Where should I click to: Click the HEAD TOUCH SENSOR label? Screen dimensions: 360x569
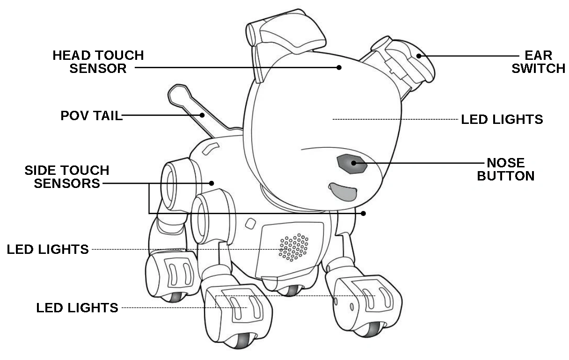pos(98,62)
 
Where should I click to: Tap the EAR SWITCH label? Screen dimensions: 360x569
pos(539,62)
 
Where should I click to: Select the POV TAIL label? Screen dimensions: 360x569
pos(91,115)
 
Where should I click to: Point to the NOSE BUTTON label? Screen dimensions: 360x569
pos(511,169)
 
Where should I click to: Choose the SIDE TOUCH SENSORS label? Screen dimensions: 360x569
pos(67,176)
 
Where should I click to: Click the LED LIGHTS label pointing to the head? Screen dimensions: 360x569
pos(502,120)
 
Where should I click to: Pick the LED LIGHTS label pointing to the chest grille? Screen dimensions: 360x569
pos(48,250)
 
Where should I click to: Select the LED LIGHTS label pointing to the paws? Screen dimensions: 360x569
pos(77,308)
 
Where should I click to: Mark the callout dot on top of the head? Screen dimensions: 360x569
pos(340,67)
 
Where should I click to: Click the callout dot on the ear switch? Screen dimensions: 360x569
pos(419,56)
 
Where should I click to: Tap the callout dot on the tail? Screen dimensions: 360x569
pos(203,115)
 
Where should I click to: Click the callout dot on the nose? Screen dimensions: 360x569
pos(354,163)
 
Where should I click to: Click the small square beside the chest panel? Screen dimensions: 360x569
pos(250,223)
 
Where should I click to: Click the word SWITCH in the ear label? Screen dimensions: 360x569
pos(539,68)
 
